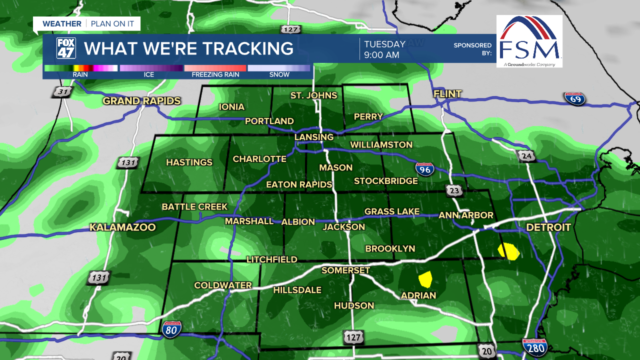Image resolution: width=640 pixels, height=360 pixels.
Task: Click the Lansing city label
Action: pyautogui.click(x=313, y=137)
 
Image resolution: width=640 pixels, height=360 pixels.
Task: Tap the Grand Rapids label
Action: pyautogui.click(x=141, y=101)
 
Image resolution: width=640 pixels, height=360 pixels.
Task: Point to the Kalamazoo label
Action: pyautogui.click(x=122, y=227)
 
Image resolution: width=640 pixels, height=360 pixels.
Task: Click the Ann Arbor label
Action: pyautogui.click(x=466, y=215)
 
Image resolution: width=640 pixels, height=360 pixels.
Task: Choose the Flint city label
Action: pyautogui.click(x=447, y=94)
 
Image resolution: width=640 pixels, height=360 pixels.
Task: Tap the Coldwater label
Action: pyautogui.click(x=223, y=285)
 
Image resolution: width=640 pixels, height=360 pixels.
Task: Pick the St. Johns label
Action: pyautogui.click(x=313, y=95)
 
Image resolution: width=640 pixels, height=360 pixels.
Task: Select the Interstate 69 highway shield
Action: pyautogui.click(x=574, y=98)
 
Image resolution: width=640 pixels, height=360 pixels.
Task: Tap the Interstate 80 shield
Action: pyautogui.click(x=171, y=328)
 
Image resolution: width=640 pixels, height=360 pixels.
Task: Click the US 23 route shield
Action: pyautogui.click(x=455, y=190)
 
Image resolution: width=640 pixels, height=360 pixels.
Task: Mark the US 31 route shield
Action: pyautogui.click(x=62, y=92)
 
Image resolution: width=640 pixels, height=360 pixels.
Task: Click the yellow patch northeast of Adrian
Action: pyautogui.click(x=425, y=277)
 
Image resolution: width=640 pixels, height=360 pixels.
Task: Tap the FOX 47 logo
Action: pyautogui.click(x=66, y=48)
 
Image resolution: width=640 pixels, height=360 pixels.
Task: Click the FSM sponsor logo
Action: pyautogui.click(x=529, y=41)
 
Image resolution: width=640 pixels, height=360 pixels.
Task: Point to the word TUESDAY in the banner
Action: pyautogui.click(x=384, y=44)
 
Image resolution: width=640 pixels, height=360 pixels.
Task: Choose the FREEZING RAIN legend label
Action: pyautogui.click(x=215, y=74)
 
